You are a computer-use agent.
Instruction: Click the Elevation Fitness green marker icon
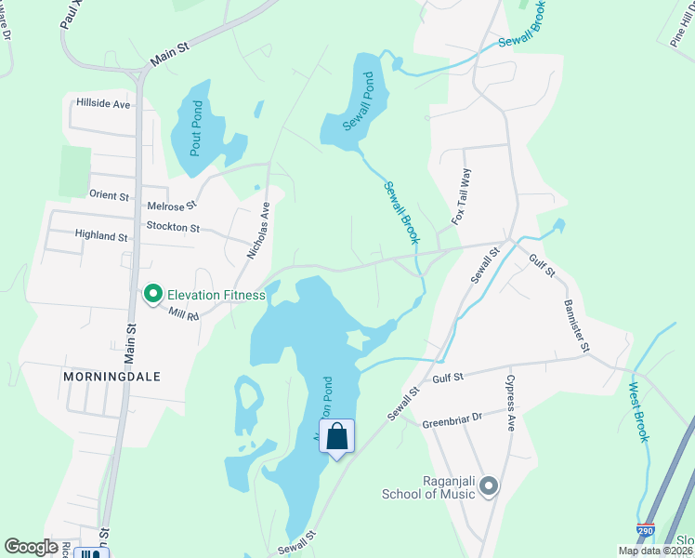pos(153,295)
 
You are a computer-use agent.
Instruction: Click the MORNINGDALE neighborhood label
pos(111,377)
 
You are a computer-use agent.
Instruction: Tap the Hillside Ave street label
pos(103,104)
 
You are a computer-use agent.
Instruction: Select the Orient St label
pos(109,195)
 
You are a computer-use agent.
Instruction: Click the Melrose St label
pos(172,206)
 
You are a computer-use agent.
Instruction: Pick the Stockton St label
pos(173,227)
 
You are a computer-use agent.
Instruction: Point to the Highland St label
pos(101,237)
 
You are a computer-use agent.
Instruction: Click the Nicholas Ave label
pos(258,230)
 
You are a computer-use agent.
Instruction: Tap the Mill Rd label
pos(184,316)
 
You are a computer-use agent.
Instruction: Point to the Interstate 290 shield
pos(646,532)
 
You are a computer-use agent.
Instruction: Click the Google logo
pos(32,547)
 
